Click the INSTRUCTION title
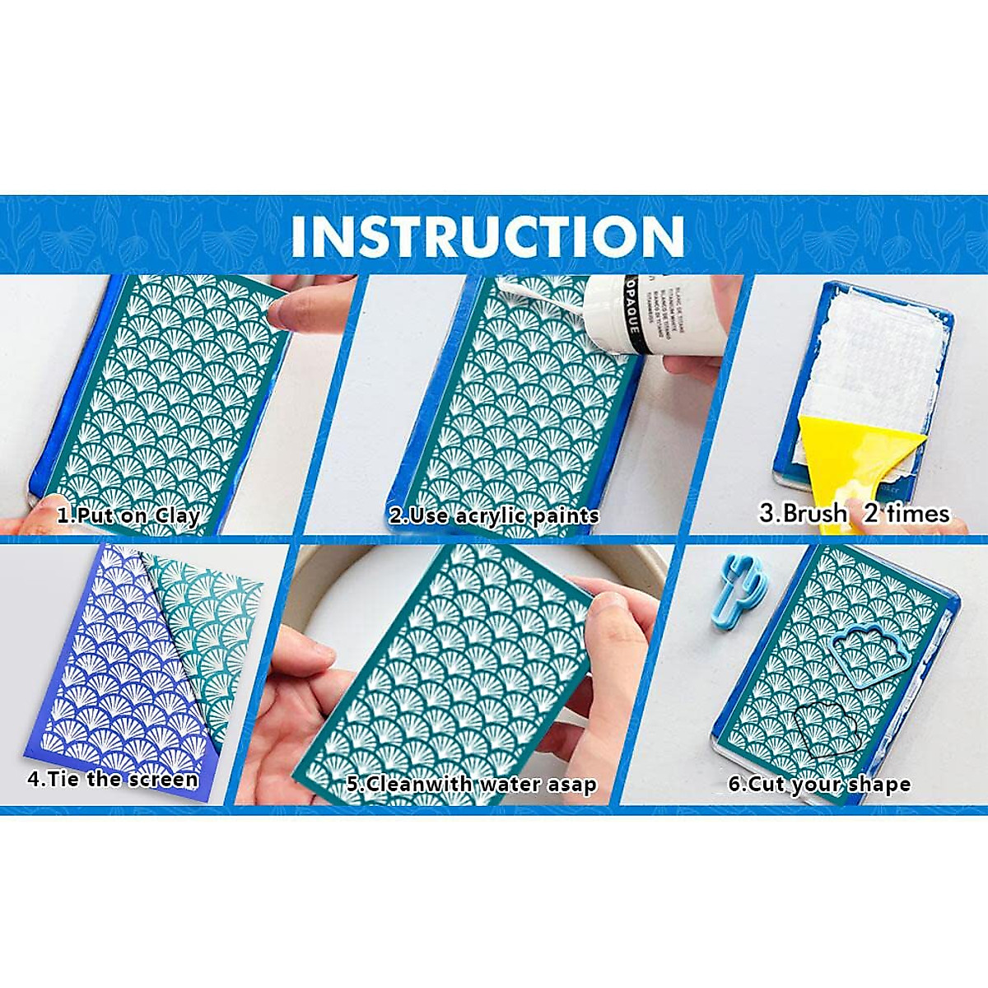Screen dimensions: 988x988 tap(487, 235)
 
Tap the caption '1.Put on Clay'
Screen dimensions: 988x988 tap(128, 516)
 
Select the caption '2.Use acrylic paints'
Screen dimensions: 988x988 tap(494, 516)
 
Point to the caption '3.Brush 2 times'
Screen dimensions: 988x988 tap(854, 514)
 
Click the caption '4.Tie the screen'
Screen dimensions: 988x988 tap(113, 779)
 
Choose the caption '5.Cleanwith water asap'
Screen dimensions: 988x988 tap(471, 784)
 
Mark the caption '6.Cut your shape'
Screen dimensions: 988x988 tap(819, 784)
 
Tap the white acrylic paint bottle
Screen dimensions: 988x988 tap(659, 316)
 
